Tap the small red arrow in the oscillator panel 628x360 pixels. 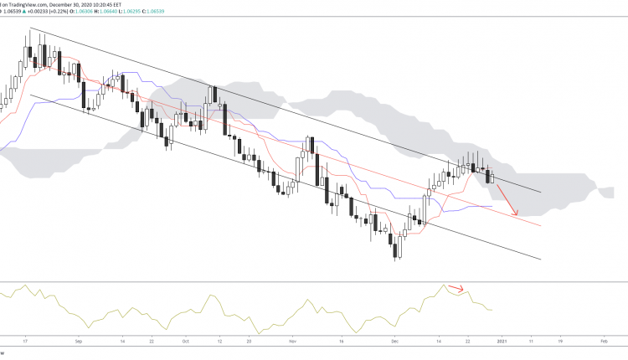456,290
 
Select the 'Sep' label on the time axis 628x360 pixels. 78,342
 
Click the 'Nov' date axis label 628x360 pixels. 294,342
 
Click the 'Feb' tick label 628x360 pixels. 605,342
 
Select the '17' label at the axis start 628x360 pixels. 28,342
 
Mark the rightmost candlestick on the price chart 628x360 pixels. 492,177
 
